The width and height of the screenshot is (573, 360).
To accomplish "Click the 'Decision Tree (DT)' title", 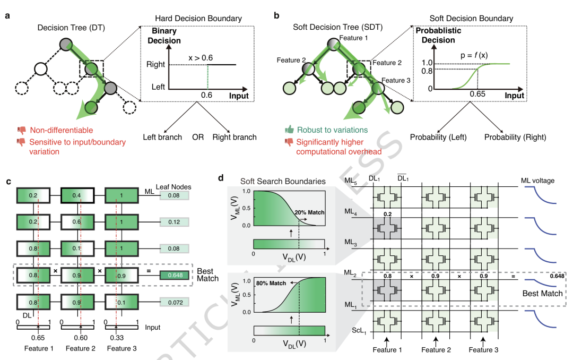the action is click(x=71, y=28).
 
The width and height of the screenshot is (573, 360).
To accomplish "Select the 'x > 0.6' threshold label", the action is click(x=201, y=58).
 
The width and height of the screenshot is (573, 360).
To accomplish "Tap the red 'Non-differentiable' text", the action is click(x=62, y=130).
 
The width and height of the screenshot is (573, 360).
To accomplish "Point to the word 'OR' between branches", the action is click(x=198, y=137).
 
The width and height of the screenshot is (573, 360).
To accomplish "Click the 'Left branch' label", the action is click(x=162, y=137).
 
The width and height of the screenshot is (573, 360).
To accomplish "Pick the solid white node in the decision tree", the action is click(x=40, y=69).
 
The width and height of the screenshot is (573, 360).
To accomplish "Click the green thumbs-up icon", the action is click(x=290, y=130).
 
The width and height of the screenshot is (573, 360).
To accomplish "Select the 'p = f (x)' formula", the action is click(x=474, y=55).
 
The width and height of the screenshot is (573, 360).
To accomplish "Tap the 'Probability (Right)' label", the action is click(x=515, y=137).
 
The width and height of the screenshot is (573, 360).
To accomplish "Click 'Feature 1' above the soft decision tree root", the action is click(x=353, y=38).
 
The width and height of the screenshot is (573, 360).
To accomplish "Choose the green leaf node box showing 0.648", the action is click(x=175, y=275).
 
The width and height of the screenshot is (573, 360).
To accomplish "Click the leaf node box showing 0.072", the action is click(x=175, y=303).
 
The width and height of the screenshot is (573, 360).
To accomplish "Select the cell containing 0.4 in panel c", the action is click(x=77, y=195).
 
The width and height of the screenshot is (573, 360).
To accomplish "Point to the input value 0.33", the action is click(x=117, y=338).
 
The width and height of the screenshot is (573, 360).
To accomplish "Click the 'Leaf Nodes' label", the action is click(x=173, y=187).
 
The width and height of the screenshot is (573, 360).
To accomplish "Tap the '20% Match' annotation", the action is click(x=309, y=212).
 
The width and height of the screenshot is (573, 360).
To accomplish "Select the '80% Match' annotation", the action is click(x=271, y=283).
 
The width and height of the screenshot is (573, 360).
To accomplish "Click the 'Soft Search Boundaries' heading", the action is click(x=283, y=182).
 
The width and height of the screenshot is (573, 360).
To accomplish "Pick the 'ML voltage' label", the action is click(x=537, y=181).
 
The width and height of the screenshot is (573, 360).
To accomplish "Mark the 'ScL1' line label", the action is click(x=359, y=331).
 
